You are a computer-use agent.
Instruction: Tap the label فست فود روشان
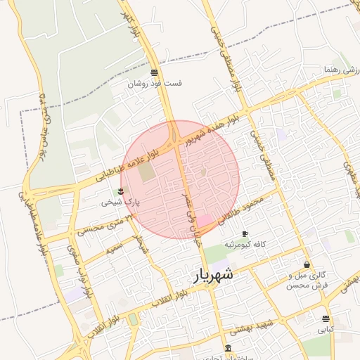[x=155, y=83]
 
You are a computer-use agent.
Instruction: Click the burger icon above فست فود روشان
[x=154, y=72]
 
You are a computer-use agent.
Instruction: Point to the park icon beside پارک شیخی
[x=120, y=191]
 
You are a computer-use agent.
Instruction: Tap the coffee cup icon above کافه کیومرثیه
[x=245, y=233]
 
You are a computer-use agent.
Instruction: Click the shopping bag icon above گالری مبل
[x=307, y=265]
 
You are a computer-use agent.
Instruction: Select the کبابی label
[x=325, y=329]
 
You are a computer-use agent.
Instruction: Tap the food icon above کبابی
[x=325, y=319]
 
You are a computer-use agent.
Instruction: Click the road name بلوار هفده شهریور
[x=213, y=127]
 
